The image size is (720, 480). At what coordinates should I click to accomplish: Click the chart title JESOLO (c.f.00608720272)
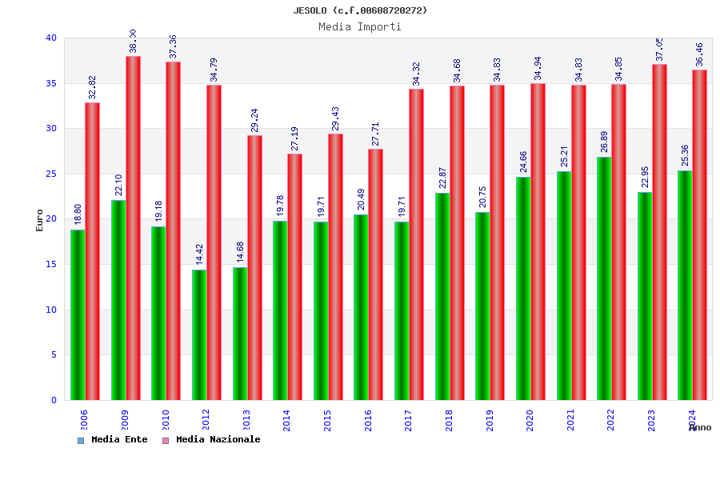point(360,10)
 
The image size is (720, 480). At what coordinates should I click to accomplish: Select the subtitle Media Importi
point(360,26)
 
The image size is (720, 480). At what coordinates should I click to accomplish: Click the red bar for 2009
point(133,228)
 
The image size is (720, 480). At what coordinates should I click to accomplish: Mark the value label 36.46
point(699,54)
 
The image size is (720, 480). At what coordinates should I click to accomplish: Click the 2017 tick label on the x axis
point(408,420)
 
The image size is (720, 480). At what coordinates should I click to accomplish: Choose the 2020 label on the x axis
point(530,420)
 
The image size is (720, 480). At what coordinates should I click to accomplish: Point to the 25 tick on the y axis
point(51,174)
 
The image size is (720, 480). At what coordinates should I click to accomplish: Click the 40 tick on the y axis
point(51,38)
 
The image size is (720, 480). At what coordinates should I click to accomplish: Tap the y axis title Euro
point(40,220)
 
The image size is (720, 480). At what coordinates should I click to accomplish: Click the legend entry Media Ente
point(119,439)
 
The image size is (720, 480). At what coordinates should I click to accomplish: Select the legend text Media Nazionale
point(218,439)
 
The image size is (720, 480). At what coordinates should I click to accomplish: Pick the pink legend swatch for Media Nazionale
point(166,440)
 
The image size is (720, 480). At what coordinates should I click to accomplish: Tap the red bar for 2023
point(659,232)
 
